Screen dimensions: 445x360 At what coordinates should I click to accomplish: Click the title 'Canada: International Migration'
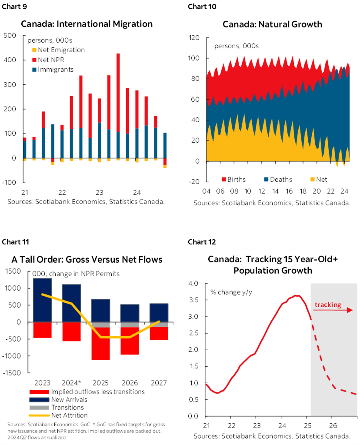point(87,24)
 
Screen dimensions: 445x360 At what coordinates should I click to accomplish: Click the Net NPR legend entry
point(50,60)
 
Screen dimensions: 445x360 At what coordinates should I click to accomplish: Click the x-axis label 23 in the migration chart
point(99,192)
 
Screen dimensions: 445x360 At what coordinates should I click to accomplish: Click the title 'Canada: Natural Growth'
point(272,24)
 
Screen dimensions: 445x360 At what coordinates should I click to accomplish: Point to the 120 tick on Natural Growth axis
point(194,38)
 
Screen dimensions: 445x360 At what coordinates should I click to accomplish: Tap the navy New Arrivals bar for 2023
point(42,300)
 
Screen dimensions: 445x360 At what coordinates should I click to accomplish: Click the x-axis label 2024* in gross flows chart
point(71,383)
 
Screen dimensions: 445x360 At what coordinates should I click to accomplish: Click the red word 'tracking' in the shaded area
point(328,304)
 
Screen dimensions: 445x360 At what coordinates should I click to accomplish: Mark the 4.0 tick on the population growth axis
point(193,284)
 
